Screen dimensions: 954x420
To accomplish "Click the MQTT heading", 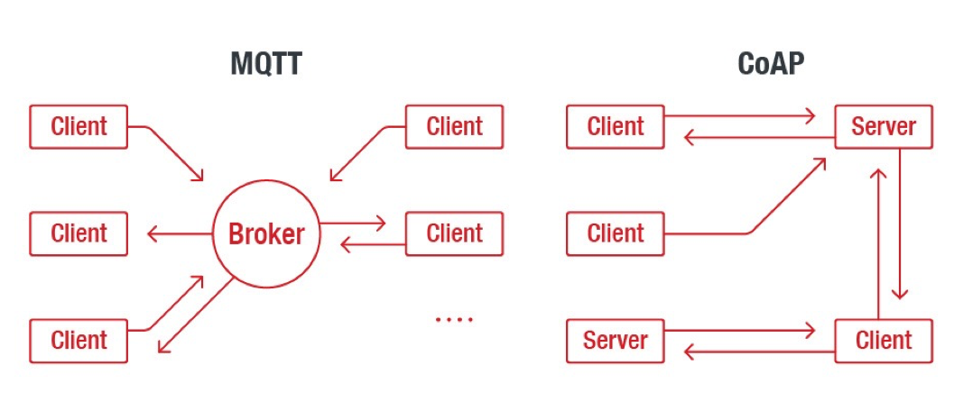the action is coord(266,64).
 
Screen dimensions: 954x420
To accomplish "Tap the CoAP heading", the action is coord(770,64).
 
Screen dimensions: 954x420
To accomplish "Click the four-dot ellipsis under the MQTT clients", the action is coord(454,319).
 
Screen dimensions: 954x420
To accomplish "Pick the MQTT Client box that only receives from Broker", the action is coord(79,233).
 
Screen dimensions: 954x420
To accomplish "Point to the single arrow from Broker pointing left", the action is coord(180,233).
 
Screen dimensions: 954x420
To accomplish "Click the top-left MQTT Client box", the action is coord(79,126).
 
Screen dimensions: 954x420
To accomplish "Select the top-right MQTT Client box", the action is coord(455,126).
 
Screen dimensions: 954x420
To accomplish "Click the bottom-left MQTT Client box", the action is coord(79,341).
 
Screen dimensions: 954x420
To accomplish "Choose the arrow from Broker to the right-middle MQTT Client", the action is coord(353,223).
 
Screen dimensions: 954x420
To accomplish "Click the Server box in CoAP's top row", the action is coord(884,126).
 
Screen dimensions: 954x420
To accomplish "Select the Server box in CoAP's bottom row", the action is coord(616,341).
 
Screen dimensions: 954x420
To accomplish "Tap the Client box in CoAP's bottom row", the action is coord(884,341).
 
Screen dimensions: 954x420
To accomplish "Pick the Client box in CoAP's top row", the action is coord(616,126).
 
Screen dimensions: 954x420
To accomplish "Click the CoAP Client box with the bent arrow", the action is coord(616,233).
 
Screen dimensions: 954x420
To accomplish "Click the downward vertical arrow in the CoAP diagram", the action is coord(900,224).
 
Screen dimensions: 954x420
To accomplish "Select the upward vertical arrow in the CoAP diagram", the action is coord(878,243).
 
